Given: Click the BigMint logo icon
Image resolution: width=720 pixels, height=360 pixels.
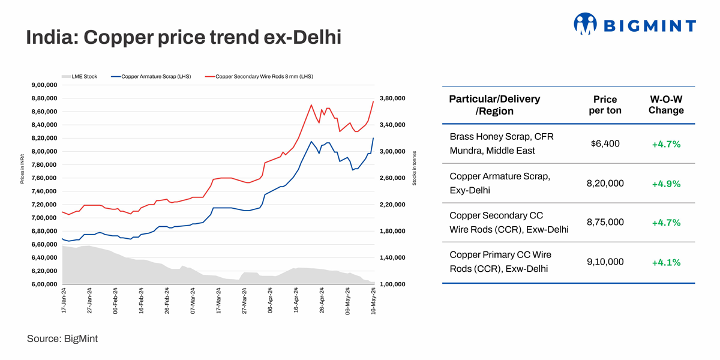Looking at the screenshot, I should [585, 24].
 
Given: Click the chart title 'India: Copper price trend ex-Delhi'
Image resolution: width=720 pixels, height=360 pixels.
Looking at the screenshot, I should [183, 38].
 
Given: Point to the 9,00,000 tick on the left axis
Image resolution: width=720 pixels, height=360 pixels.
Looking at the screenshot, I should [44, 85].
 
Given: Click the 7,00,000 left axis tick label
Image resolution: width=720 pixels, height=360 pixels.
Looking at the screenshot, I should [44, 218].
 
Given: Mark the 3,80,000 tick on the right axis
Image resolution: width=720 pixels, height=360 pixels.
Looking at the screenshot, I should [393, 98].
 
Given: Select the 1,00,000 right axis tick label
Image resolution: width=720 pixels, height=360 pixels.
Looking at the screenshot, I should [393, 284].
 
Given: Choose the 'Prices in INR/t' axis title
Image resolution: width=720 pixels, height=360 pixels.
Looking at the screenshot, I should [22, 168].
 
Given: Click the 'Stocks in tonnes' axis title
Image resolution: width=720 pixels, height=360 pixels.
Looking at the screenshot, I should [414, 168].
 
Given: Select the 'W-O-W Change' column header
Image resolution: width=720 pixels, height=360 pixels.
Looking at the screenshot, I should [666, 105].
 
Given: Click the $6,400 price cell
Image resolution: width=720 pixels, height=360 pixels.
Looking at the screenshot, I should [605, 144].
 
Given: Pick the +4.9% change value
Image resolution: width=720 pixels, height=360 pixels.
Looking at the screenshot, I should [666, 184].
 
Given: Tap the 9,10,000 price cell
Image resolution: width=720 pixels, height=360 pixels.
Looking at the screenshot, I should [605, 262].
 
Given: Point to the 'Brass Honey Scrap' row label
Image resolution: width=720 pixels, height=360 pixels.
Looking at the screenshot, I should [502, 137].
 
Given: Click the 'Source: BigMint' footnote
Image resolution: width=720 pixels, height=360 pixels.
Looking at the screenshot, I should [62, 339].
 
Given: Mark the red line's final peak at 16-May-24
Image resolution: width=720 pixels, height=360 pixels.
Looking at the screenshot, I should [373, 101].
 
